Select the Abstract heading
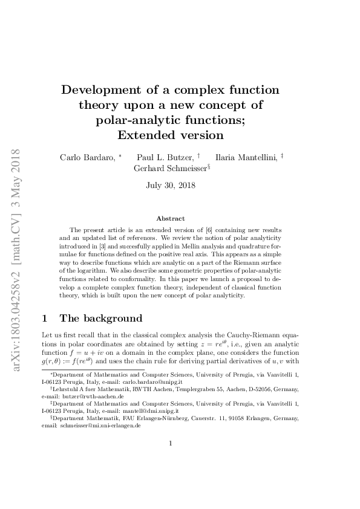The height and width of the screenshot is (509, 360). coord(171,218)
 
